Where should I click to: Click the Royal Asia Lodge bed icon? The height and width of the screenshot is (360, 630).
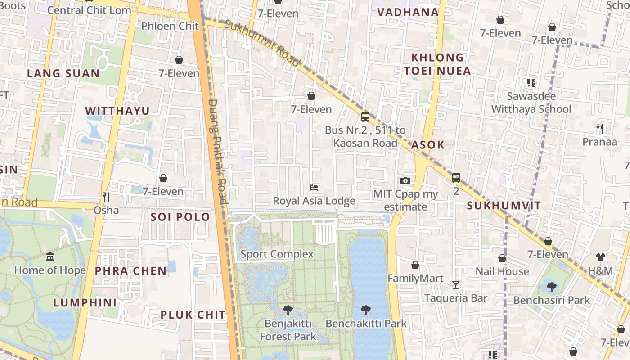pos(315,187)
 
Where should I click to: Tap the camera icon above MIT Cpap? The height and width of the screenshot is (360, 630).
pos(405,180)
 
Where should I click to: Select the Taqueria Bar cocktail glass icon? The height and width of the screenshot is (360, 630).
pos(456,284)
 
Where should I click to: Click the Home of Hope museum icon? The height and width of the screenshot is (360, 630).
pos(50,256)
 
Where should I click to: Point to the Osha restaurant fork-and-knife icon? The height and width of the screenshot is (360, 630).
pos(106,197)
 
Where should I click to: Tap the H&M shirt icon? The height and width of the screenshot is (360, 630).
pos(601,257)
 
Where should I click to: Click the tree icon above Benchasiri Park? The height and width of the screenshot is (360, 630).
pos(551,286)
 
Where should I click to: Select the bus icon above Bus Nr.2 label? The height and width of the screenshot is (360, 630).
pos(365,117)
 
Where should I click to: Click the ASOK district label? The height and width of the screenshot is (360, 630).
pos(428,145)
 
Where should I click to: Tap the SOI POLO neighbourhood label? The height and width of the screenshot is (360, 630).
pos(180,217)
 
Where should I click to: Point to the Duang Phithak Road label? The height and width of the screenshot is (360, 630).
pos(218,151)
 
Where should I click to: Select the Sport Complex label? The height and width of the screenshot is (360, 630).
pos(277,254)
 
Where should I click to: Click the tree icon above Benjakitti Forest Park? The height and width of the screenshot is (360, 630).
pos(288,310)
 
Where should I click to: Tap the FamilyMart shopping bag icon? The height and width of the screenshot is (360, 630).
pos(415,265)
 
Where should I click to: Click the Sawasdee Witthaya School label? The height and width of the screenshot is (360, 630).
pos(531,103)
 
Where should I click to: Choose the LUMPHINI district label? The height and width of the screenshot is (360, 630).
pos(85,302)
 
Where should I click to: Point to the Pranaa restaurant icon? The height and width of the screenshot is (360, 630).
pos(599,129)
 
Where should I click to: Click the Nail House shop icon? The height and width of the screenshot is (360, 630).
pos(502,258)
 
